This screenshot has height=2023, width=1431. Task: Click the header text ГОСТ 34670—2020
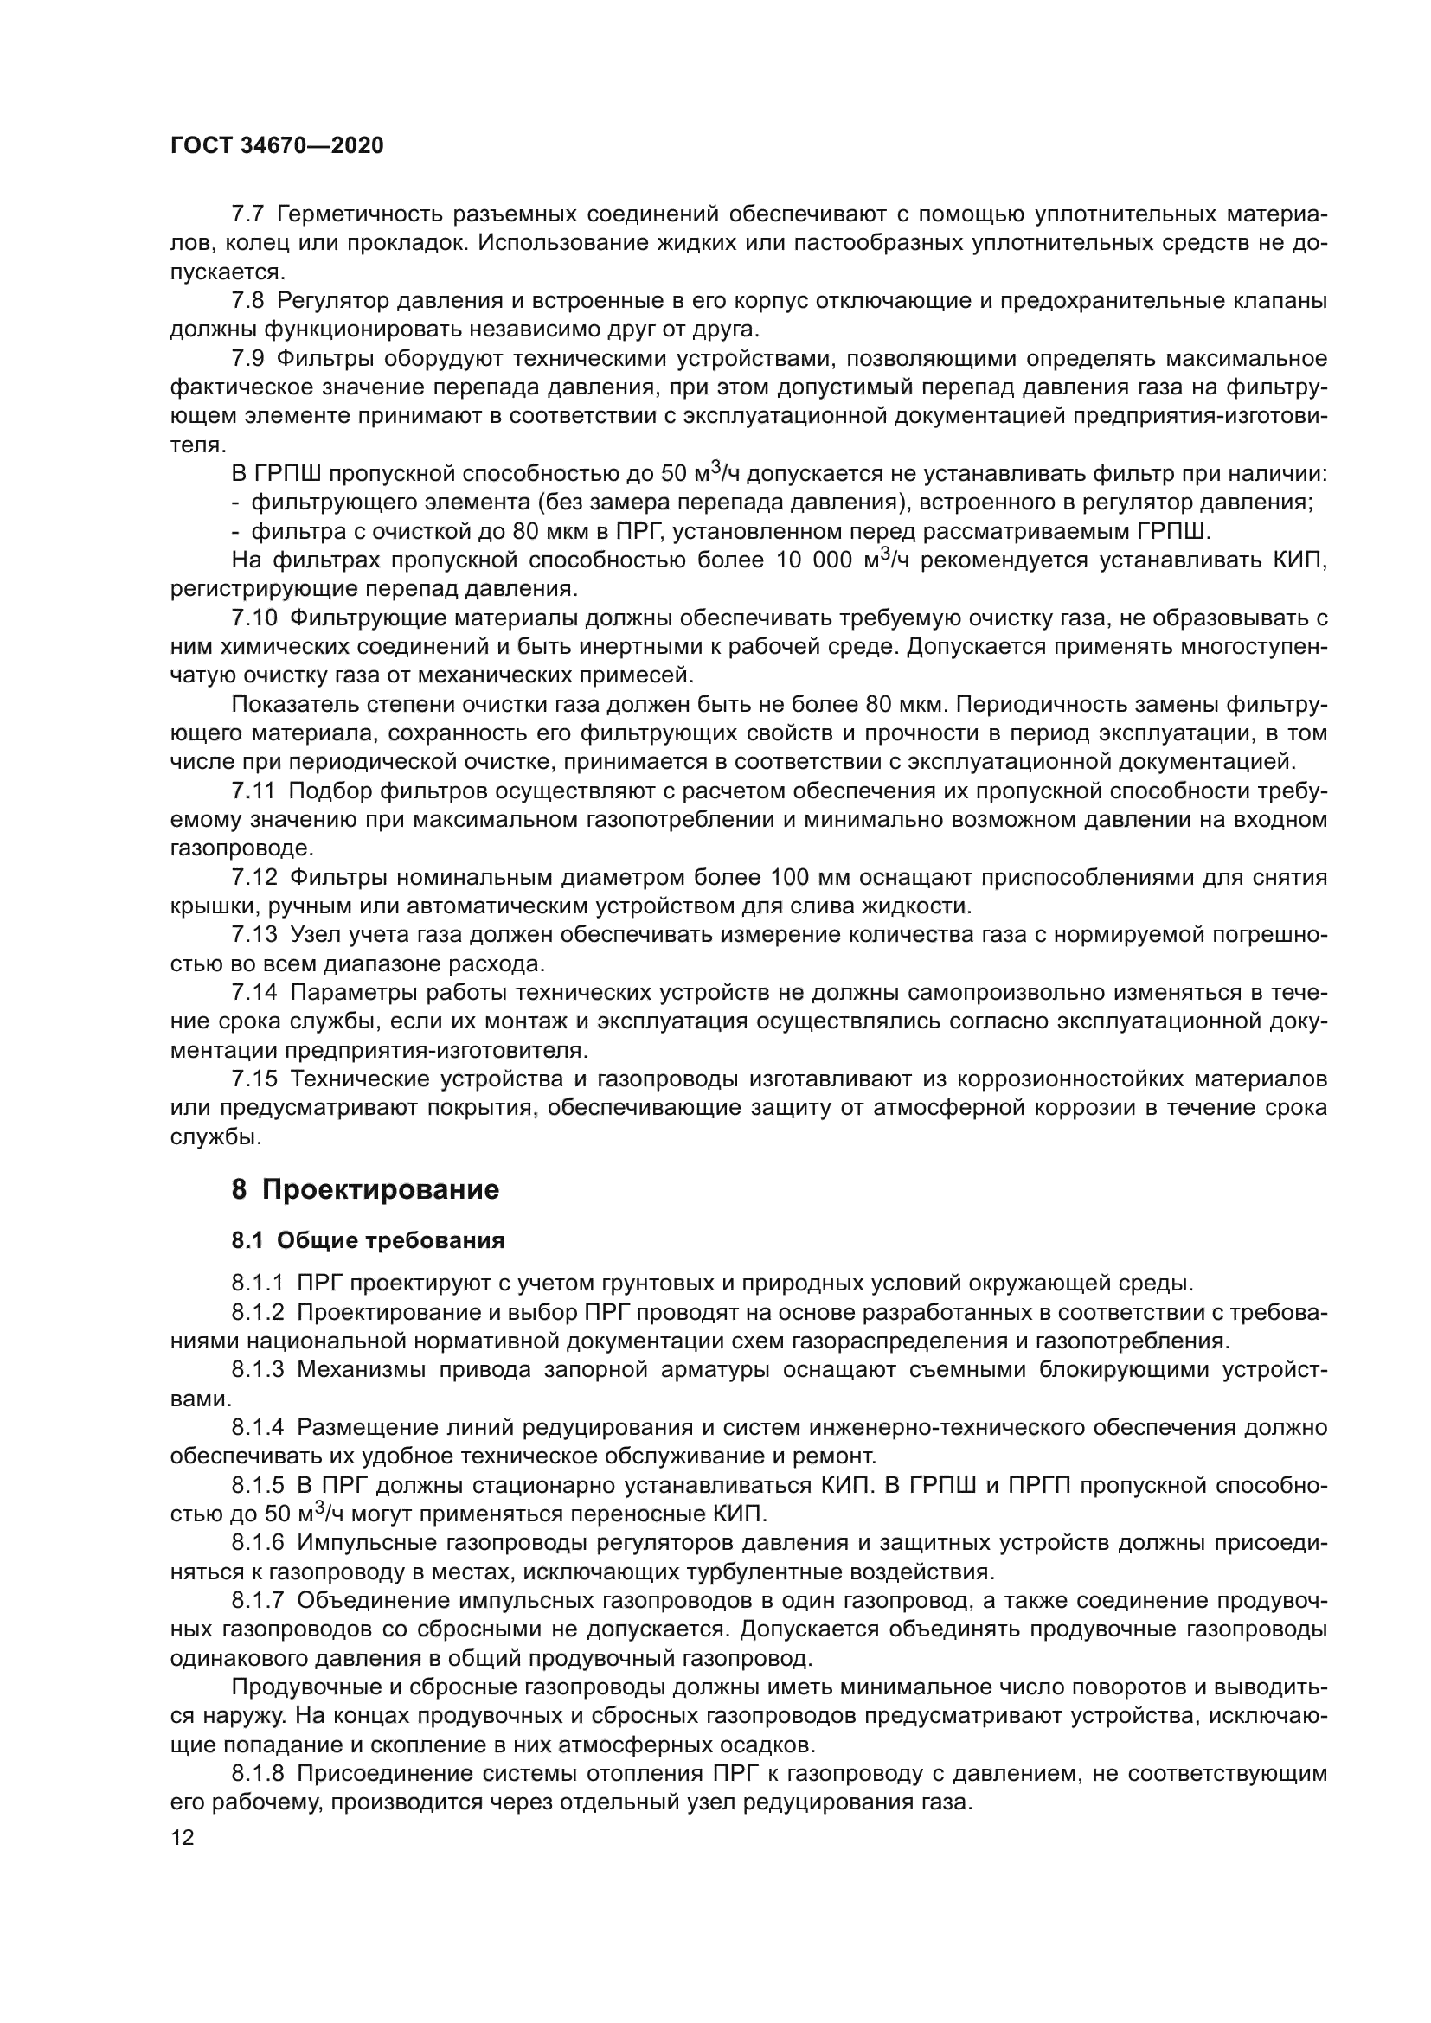click(x=277, y=146)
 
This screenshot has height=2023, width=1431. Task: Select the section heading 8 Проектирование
click(x=365, y=1189)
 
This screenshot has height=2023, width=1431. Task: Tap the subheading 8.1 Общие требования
click(x=368, y=1240)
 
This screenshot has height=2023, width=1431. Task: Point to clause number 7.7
click(x=247, y=214)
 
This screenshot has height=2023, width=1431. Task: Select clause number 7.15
click(x=253, y=1079)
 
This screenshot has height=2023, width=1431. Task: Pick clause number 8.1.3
click(x=258, y=1369)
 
